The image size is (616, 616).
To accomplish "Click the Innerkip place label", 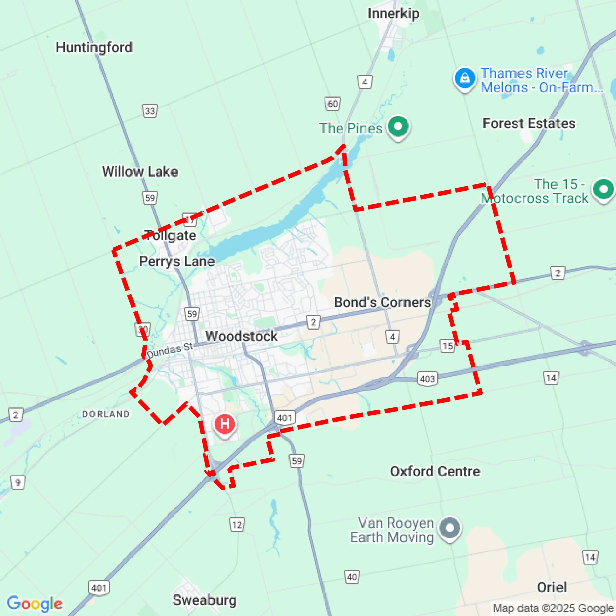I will (x=393, y=14).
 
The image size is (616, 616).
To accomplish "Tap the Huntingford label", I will (x=94, y=47).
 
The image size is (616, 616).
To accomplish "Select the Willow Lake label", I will (x=140, y=171).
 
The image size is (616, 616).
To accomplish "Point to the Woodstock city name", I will (x=241, y=336).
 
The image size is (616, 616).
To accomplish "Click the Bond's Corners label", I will (x=382, y=302).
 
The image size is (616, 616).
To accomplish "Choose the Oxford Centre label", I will (x=435, y=471).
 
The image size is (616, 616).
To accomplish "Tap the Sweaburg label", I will (x=204, y=600).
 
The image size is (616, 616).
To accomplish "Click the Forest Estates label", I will (x=529, y=123).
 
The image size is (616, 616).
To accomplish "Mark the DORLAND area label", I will (x=106, y=414).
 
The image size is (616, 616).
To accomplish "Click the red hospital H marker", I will (x=225, y=424).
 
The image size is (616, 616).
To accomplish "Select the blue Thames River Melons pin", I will (x=465, y=78).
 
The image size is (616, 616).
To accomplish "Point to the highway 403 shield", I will (x=427, y=378).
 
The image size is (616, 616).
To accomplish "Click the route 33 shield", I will (x=150, y=111).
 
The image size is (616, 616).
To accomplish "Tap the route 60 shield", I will (x=333, y=103).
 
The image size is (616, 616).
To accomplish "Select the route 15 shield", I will (x=448, y=346).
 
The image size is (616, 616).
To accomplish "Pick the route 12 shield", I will (x=237, y=525).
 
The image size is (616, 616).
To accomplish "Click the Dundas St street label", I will (x=170, y=350).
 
